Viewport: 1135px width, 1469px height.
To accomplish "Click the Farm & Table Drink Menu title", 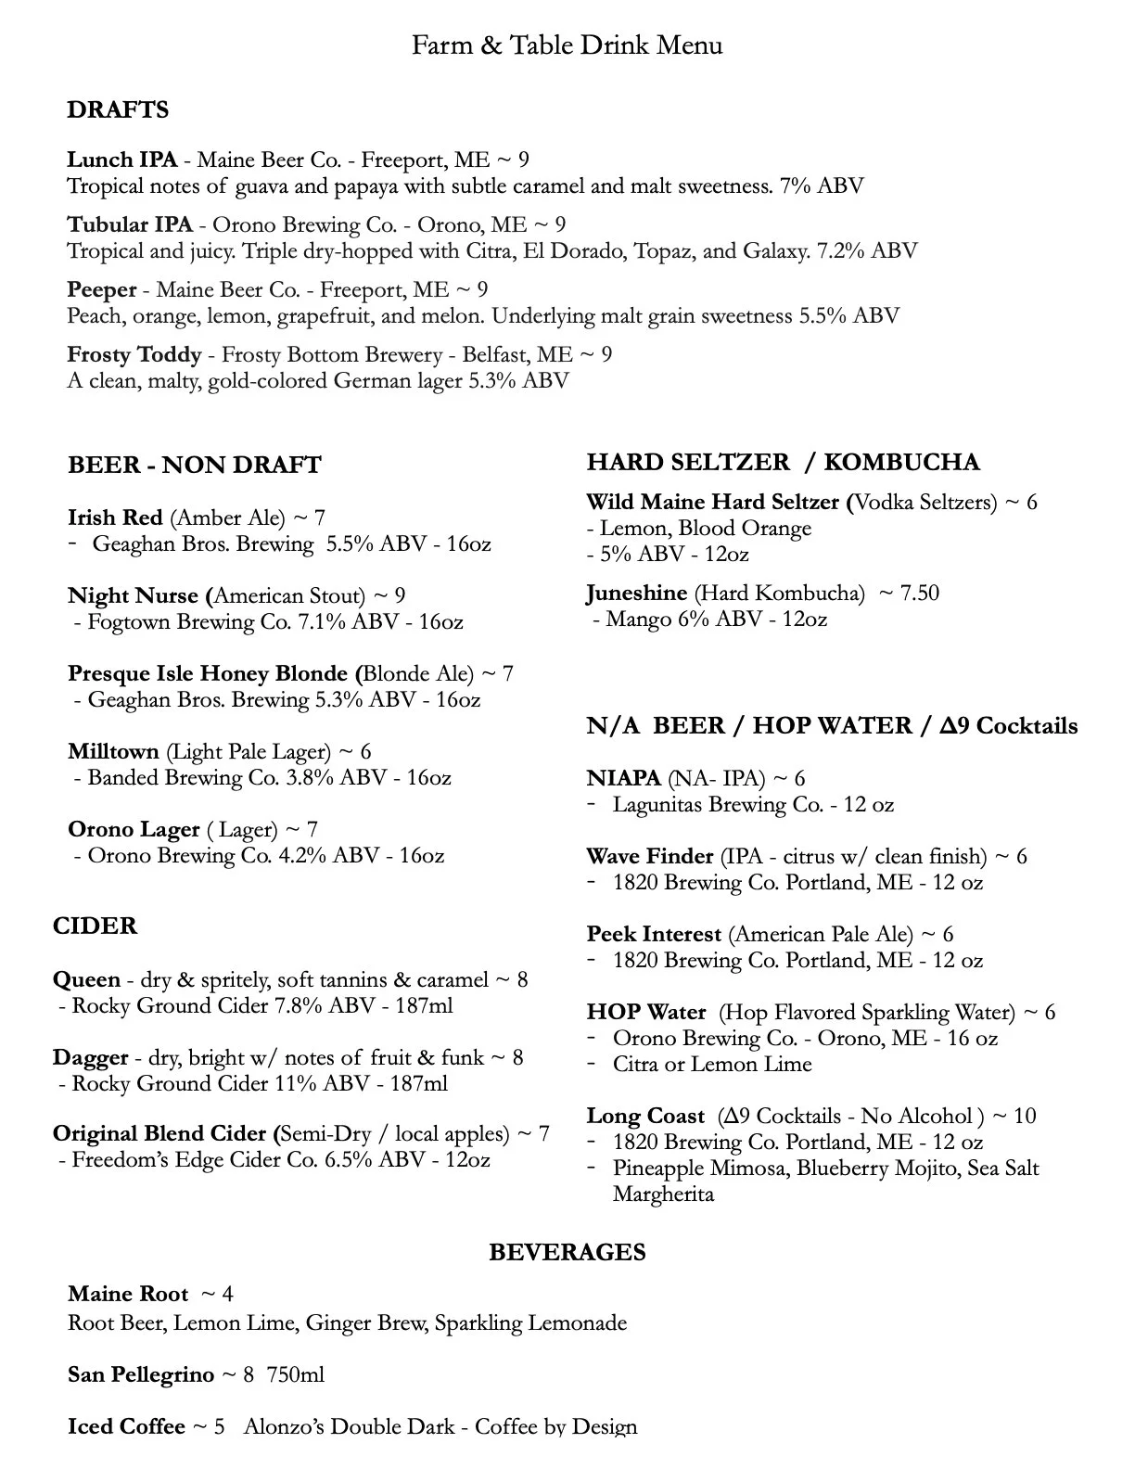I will point(567,45).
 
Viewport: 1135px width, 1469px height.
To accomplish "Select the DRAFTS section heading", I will point(118,110).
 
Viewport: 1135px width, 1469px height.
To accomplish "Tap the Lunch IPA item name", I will point(121,160).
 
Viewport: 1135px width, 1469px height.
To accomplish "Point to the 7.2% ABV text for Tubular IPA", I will point(867,251).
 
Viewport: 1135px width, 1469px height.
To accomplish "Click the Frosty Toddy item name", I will point(134,355).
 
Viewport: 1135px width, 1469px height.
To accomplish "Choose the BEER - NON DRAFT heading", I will point(194,466).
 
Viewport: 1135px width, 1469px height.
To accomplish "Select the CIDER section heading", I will point(95,926).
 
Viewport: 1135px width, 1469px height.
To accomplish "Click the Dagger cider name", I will point(90,1058).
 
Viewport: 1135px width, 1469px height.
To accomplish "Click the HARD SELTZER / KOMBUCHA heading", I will point(783,463).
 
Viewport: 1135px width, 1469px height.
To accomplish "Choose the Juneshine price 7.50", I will point(920,594).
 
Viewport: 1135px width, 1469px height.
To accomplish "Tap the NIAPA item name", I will point(623,779).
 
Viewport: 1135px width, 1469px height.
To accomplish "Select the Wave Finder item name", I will point(649,857).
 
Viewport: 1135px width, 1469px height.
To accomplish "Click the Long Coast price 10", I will point(1024,1117).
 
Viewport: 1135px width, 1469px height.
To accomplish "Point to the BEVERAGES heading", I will point(567,1253).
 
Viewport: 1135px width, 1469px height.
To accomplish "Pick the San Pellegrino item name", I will point(140,1375).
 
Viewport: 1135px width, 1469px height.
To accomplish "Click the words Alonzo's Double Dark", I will point(349,1427).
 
